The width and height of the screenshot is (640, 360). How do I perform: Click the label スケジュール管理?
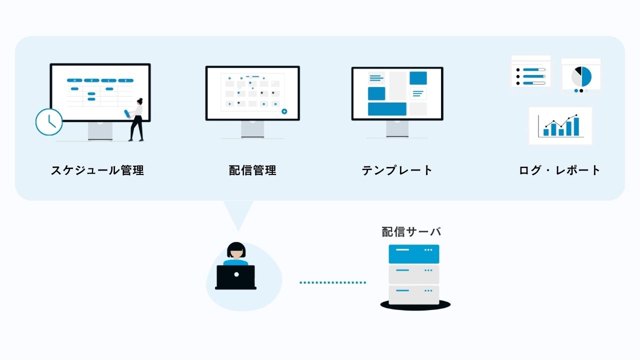(x=97, y=170)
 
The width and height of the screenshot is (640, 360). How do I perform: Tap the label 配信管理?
(x=252, y=170)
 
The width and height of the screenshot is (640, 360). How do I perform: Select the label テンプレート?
(x=397, y=170)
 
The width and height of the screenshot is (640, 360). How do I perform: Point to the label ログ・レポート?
(x=559, y=170)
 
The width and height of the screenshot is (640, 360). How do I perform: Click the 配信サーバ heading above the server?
(x=411, y=231)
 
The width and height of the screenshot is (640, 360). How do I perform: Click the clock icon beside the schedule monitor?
(x=49, y=122)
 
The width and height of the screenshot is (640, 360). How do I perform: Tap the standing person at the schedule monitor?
(x=136, y=119)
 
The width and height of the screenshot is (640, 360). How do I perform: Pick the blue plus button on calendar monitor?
(x=284, y=111)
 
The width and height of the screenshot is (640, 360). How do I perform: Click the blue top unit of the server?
(x=413, y=254)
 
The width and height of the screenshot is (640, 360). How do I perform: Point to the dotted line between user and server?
(x=332, y=282)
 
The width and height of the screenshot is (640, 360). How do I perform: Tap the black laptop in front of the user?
(x=235, y=277)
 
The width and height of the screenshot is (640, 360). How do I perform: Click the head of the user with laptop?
(x=235, y=250)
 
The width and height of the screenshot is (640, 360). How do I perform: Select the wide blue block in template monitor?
(x=387, y=109)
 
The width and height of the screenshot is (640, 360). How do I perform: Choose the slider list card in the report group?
(x=530, y=73)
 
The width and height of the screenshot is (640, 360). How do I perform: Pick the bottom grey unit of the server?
(x=413, y=294)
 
